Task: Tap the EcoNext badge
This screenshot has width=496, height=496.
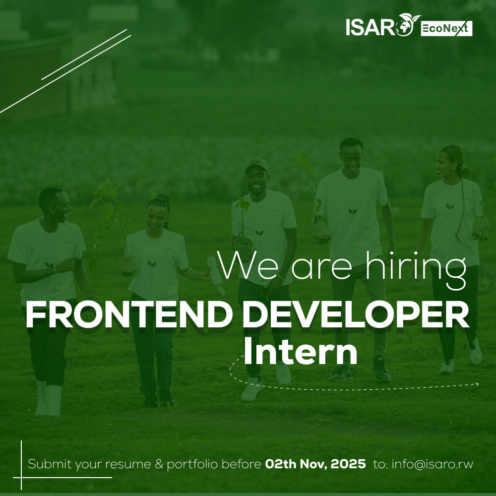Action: (x=446, y=29)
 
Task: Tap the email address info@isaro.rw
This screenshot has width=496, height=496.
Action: (x=433, y=465)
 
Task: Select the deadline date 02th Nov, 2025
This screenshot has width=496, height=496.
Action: (x=315, y=465)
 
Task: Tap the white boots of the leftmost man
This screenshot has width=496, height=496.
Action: (x=48, y=398)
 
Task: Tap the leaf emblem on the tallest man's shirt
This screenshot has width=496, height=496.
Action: (x=353, y=211)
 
